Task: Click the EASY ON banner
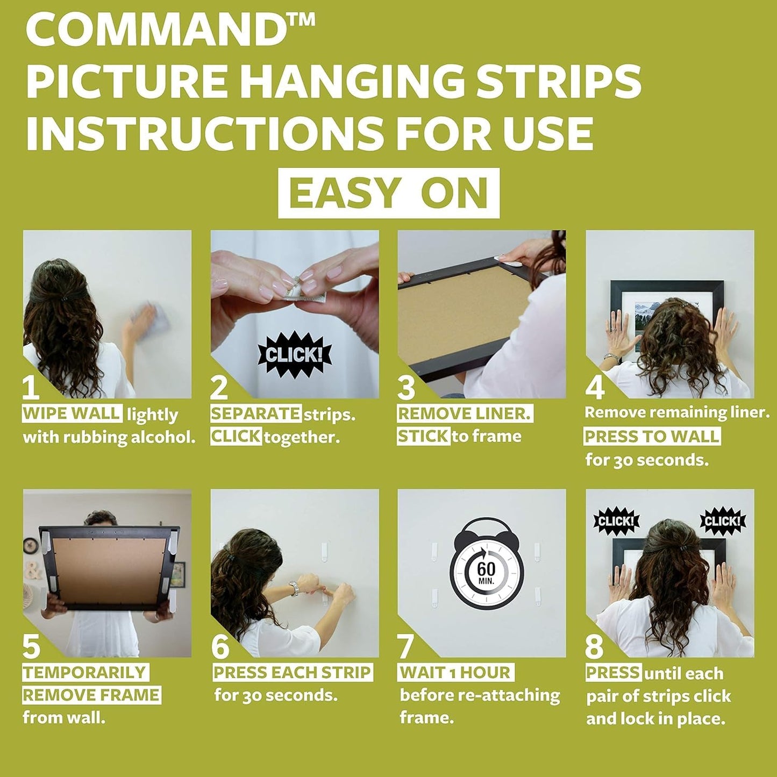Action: pyautogui.click(x=388, y=193)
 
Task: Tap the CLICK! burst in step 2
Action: pyautogui.click(x=294, y=354)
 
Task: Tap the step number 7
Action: pyautogui.click(x=406, y=646)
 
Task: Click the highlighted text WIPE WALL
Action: pyautogui.click(x=72, y=414)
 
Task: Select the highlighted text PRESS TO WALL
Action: pyautogui.click(x=652, y=436)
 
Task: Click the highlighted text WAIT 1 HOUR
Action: pyautogui.click(x=455, y=672)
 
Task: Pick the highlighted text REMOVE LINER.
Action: pyautogui.click(x=465, y=414)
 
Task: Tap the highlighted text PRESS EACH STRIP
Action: pyautogui.click(x=293, y=672)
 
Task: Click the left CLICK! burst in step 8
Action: pyautogui.click(x=616, y=521)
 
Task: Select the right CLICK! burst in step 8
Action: pyautogui.click(x=722, y=521)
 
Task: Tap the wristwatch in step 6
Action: pyautogui.click(x=294, y=588)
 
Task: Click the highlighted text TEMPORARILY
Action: pyautogui.click(x=85, y=672)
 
